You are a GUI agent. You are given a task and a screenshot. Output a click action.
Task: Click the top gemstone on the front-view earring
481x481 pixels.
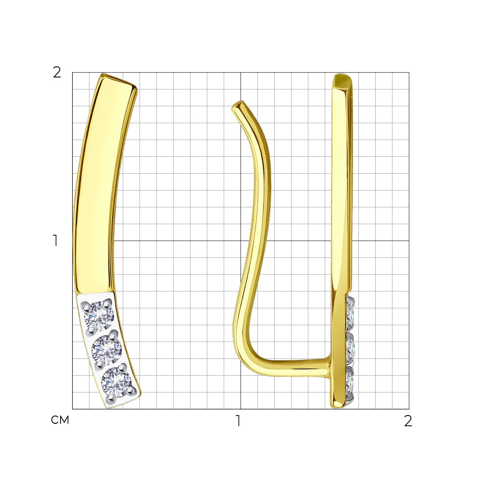pos(99,316)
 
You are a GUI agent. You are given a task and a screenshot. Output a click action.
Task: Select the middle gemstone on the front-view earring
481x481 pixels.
pos(107,349)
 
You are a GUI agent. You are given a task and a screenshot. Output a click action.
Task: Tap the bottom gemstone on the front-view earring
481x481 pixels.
pos(116,382)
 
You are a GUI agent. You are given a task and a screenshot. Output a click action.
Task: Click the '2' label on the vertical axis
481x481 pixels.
pos(57,73)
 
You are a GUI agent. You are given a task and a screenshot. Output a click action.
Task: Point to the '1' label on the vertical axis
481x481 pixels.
pos(55,240)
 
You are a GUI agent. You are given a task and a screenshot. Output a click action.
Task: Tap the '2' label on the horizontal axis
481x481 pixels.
pos(408,421)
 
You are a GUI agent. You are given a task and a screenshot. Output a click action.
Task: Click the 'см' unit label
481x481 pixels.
pos(60,420)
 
